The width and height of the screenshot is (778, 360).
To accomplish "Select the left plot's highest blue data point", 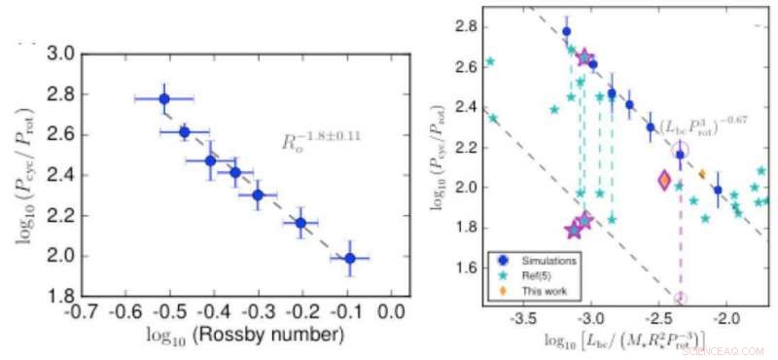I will coord(163,98).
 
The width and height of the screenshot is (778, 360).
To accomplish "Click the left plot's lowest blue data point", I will coord(350,258).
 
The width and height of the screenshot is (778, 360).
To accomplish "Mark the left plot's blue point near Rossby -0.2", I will coord(301,223).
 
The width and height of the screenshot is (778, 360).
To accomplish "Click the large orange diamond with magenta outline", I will coord(664,180).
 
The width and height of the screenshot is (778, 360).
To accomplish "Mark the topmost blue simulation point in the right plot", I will coord(567,31).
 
